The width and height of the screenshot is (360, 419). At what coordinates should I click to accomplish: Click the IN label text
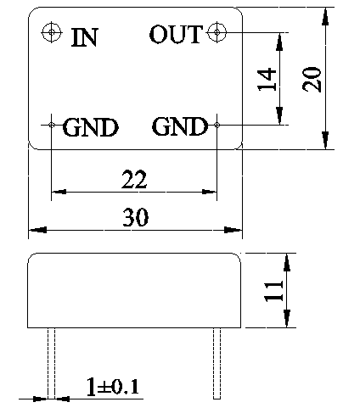85,37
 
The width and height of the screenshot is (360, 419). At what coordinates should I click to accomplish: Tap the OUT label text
176,34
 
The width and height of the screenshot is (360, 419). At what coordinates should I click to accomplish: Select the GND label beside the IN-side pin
90,127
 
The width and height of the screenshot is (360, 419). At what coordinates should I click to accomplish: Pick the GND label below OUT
180,126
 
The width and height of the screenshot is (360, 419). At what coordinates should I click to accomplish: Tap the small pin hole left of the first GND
52,125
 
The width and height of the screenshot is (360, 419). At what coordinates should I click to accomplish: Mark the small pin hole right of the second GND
217,125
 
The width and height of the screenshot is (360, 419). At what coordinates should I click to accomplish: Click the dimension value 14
267,79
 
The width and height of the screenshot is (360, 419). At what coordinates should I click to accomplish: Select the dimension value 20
312,79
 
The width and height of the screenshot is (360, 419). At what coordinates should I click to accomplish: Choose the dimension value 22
134,179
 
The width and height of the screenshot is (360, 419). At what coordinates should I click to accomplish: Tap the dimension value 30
135,217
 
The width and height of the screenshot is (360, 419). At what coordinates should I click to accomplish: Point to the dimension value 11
273,291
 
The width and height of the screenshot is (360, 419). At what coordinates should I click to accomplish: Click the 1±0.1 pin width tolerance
113,387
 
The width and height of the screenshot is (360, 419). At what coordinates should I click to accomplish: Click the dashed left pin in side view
51,363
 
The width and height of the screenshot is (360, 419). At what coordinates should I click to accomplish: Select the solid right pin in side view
217,363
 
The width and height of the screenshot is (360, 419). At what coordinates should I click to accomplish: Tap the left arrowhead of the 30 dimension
37,230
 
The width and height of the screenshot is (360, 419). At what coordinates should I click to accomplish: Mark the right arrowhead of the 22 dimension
209,192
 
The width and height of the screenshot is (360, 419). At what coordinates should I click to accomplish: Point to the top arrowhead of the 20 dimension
326,17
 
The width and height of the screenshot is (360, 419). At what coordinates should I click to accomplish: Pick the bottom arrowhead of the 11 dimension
287,319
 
